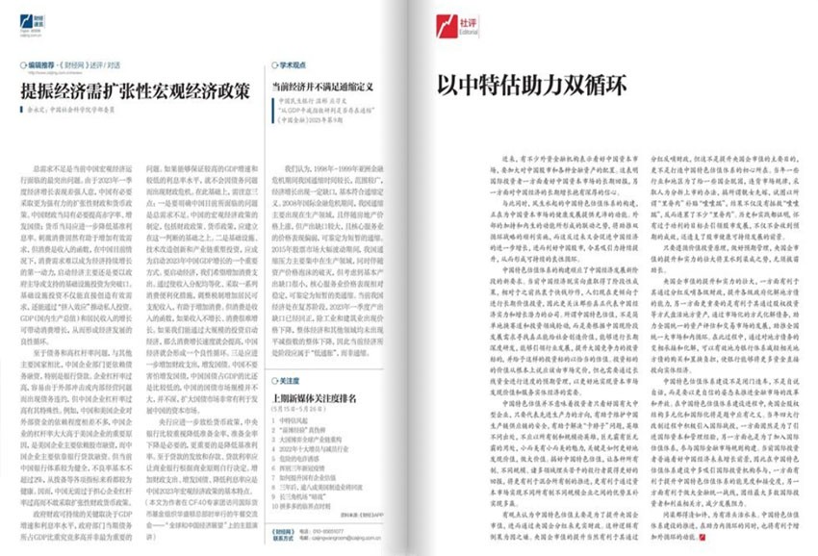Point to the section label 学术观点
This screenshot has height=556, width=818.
(298, 68)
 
